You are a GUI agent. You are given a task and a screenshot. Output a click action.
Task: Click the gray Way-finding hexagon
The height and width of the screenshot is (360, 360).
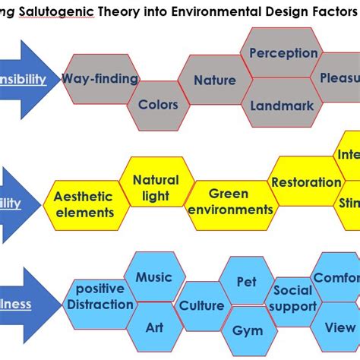tap(99, 79)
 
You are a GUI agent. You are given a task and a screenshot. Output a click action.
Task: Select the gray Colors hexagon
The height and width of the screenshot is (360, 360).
tap(157, 105)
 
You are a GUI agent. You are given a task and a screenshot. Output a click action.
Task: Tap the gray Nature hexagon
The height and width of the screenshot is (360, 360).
tap(214, 81)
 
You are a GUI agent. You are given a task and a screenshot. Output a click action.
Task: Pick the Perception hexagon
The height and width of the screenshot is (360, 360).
tap(283, 53)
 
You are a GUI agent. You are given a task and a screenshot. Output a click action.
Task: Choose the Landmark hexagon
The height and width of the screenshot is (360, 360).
tap(281, 106)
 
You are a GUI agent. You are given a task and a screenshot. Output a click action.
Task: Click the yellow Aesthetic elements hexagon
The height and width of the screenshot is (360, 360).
tap(84, 204)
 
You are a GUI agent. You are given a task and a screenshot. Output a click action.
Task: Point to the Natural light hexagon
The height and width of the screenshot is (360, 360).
tap(156, 188)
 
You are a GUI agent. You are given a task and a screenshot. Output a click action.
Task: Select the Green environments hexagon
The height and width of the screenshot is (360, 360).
tap(229, 202)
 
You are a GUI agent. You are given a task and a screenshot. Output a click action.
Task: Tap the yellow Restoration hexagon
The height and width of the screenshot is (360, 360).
tap(306, 182)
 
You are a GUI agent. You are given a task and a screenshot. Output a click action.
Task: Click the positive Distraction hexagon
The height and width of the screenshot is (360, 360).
tap(99, 297)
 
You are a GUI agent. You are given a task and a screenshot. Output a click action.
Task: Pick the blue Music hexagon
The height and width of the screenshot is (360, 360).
tap(153, 277)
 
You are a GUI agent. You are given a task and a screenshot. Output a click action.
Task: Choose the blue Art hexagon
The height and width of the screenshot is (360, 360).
tap(154, 328)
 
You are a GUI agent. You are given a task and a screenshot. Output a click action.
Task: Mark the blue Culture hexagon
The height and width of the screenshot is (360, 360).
tap(201, 305)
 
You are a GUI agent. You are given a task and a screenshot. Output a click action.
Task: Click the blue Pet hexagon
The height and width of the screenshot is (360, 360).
tap(247, 282)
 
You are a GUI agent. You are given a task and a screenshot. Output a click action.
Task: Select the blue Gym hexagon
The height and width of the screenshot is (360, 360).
tap(248, 331)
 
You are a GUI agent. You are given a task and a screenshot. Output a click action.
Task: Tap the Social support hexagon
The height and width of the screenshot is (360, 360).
tap(293, 298)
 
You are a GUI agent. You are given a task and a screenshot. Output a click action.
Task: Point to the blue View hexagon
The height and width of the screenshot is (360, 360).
tap(339, 328)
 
